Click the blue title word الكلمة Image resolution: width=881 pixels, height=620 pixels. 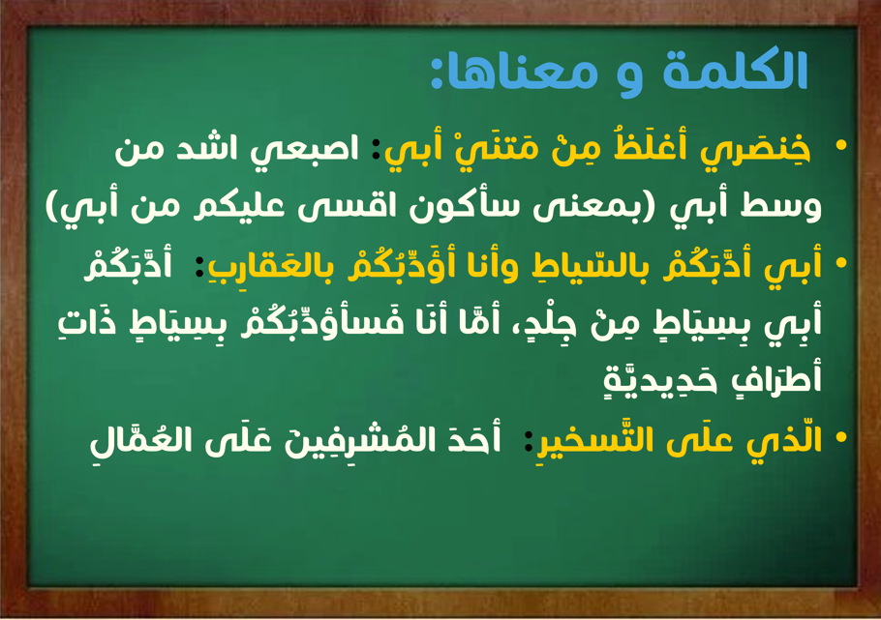735,71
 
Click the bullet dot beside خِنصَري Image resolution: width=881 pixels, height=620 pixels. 841,145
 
